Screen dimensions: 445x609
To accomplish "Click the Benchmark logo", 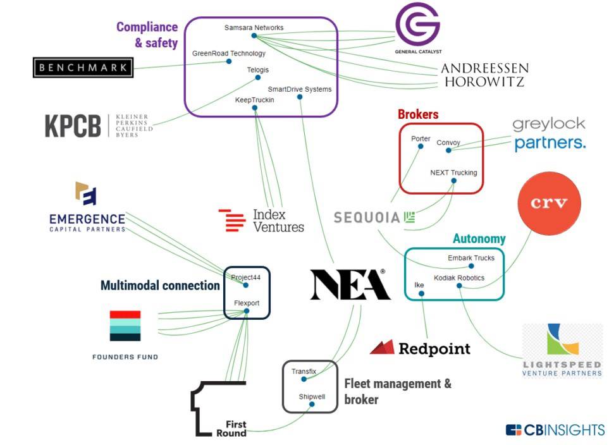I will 83,68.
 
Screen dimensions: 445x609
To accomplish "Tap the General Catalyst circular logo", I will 417,25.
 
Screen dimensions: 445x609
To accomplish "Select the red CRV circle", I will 548,203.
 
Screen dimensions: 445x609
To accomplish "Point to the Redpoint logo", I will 420,348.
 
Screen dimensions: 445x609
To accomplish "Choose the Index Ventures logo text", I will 278,221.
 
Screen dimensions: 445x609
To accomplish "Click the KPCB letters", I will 73,126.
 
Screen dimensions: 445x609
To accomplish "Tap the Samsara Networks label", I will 254,28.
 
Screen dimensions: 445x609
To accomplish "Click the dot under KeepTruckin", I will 254,108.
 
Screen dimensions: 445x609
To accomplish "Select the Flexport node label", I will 247,303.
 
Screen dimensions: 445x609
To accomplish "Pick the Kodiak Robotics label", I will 459,277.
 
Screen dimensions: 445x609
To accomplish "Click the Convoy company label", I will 448,143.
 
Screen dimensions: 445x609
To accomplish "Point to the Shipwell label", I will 312,396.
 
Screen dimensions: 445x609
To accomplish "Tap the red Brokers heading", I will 418,114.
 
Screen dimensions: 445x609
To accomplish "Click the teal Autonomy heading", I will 479,239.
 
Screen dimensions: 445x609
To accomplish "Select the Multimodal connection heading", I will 160,286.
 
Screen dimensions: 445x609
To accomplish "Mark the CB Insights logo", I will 555,430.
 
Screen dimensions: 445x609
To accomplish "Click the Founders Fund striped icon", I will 125,326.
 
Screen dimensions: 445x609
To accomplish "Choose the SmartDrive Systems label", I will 299,89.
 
